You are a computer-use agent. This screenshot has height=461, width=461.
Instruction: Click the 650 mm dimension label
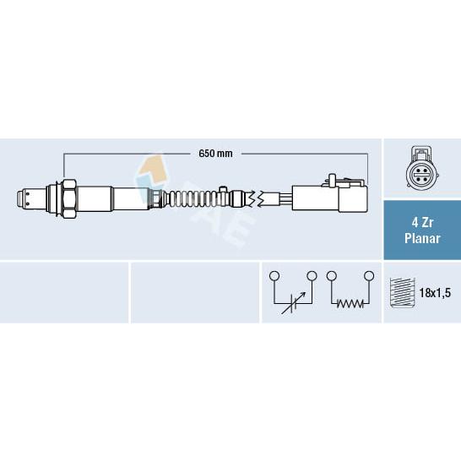pos(215,154)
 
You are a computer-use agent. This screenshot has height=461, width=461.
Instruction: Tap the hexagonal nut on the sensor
pos(70,199)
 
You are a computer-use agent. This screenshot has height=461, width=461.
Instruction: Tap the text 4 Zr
pos(422,223)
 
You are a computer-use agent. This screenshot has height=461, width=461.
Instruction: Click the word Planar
pos(422,238)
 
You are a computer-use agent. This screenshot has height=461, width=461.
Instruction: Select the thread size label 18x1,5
pos(435,293)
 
